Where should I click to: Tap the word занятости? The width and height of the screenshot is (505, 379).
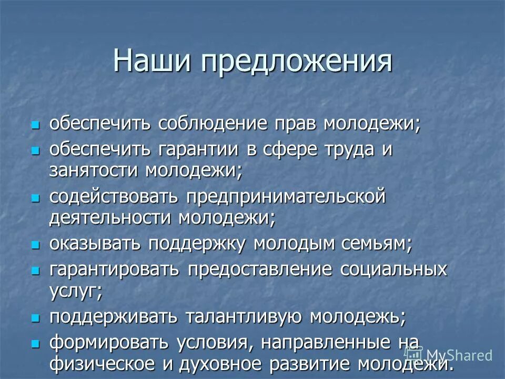[95, 170]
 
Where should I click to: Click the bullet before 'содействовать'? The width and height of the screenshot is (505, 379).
[35, 198]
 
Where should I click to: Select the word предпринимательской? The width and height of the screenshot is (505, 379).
[285, 198]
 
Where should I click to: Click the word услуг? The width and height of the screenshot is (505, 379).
[74, 291]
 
